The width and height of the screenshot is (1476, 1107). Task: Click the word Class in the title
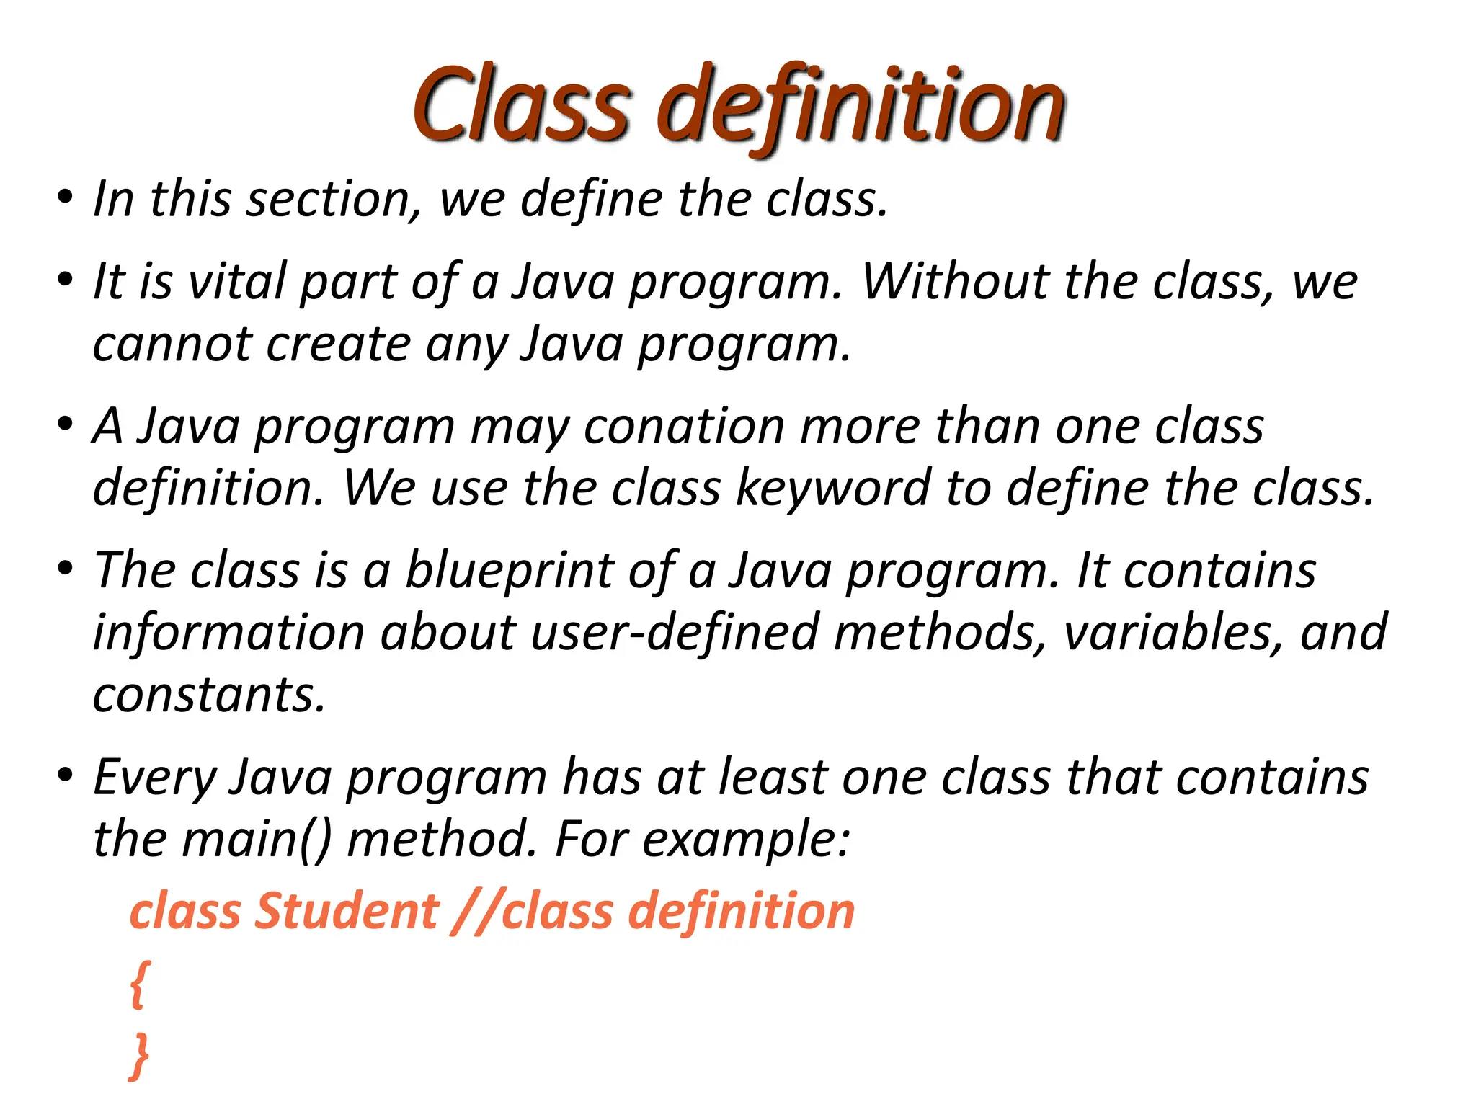click(x=522, y=105)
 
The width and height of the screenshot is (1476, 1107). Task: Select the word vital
click(x=237, y=281)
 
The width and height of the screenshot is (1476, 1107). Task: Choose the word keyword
click(x=833, y=489)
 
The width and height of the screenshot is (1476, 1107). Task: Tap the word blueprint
click(x=509, y=571)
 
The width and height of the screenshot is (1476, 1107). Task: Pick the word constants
click(x=209, y=695)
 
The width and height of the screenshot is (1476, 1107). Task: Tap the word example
click(x=747, y=840)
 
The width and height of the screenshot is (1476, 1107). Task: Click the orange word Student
click(x=347, y=911)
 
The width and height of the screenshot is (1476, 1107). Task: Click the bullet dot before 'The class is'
click(x=66, y=569)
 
